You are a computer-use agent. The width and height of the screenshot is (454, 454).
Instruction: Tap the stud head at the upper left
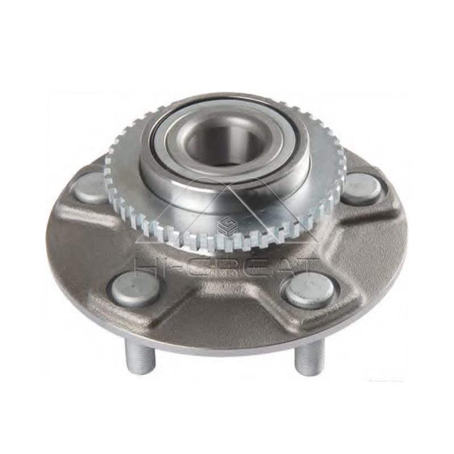tap(91, 188)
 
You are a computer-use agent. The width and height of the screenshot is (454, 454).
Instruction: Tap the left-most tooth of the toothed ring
tap(108, 165)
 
